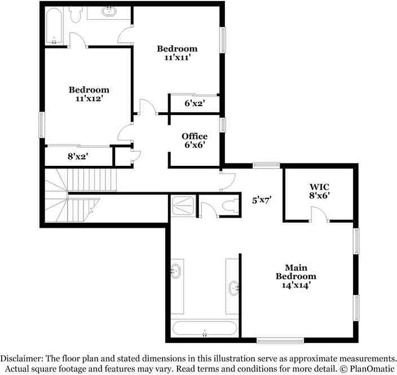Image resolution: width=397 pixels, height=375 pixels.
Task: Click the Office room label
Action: [x=194, y=136]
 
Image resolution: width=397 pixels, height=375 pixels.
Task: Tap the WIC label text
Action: [x=319, y=187]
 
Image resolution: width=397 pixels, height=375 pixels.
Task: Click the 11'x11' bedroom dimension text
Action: [x=177, y=58]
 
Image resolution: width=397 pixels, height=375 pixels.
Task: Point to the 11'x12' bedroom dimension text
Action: [x=89, y=98]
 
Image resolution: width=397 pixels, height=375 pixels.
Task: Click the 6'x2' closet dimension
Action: [x=194, y=104]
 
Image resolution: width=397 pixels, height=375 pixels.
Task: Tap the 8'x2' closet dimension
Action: [x=78, y=156]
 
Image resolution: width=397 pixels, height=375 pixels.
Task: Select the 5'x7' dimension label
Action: [x=262, y=199]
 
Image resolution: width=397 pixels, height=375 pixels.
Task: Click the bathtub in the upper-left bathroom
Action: [x=54, y=25]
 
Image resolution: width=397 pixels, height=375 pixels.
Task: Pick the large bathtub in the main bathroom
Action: [x=205, y=328]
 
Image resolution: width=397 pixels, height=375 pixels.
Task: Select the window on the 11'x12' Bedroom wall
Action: [x=41, y=124]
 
